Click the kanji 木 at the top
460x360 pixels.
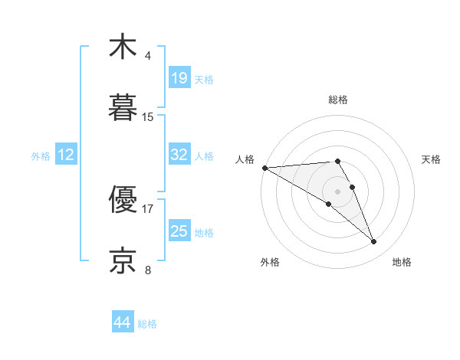tap(123, 47)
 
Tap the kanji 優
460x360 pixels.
tap(123, 201)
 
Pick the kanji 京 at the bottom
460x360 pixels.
tap(123, 260)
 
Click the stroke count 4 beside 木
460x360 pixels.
tap(147, 56)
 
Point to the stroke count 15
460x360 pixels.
tap(148, 117)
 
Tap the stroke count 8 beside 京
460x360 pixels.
tap(147, 270)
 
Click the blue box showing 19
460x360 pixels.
tap(179, 78)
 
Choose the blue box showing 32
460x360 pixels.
tap(179, 155)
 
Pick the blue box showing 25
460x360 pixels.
tap(179, 231)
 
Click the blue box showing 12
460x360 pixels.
tap(66, 155)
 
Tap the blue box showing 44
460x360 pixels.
tap(123, 323)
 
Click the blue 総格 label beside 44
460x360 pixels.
tap(147, 324)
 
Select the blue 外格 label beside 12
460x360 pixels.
tap(41, 156)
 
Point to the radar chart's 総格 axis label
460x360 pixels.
tap(337, 100)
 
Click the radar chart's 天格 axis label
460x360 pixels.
tap(431, 159)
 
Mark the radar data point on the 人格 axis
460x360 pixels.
tap(264, 168)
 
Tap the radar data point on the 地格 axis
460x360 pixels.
tap(374, 242)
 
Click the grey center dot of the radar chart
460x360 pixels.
tap(337, 191)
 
